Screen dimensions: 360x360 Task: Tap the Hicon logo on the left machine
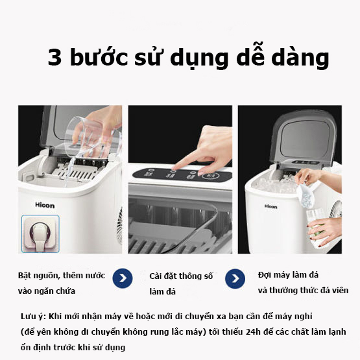pos(45,206)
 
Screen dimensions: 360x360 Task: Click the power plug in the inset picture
pos(40,234)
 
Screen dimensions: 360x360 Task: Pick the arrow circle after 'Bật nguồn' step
pos(123,280)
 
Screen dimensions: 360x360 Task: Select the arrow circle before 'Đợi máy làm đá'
pos(234,280)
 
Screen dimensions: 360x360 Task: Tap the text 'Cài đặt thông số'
pos(180,276)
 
